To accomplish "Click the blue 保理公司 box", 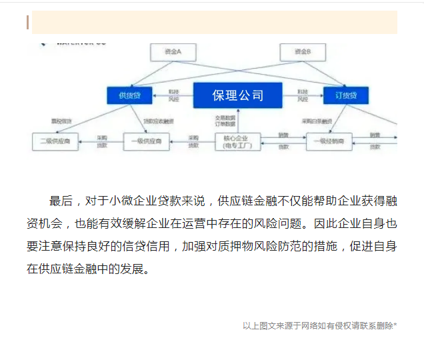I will click(237, 95).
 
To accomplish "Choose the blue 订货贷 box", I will click(345, 95).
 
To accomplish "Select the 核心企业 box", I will click(237, 141).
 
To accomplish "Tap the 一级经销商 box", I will click(329, 141).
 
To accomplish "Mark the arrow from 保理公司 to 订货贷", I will click(303, 95).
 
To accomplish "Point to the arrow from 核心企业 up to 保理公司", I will click(237, 120).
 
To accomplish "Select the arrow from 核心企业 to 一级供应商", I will click(192, 141).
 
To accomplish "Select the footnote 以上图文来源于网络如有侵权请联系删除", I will click(319, 326).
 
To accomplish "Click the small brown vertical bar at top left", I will click(27, 22).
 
